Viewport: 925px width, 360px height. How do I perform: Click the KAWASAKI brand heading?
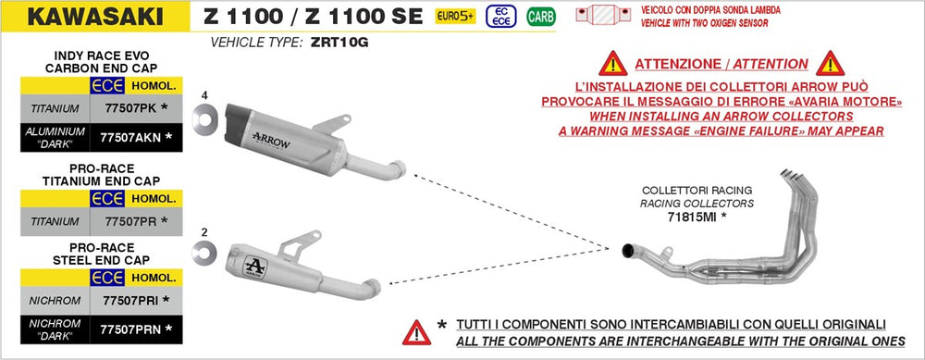pyautogui.click(x=95, y=17)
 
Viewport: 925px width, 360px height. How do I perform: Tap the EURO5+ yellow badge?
pyautogui.click(x=455, y=17)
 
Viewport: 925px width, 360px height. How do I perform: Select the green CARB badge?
pyautogui.click(x=541, y=17)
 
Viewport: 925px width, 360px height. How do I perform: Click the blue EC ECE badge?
pyautogui.click(x=500, y=17)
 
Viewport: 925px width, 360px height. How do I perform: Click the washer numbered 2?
pyautogui.click(x=204, y=254)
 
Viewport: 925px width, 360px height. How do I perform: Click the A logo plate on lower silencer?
pyautogui.click(x=255, y=267)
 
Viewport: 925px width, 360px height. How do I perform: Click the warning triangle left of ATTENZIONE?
pyautogui.click(x=613, y=63)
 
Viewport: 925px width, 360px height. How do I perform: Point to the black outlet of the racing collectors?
pyautogui.click(x=628, y=251)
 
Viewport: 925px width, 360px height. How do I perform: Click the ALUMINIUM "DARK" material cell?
pyautogui.click(x=55, y=138)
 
